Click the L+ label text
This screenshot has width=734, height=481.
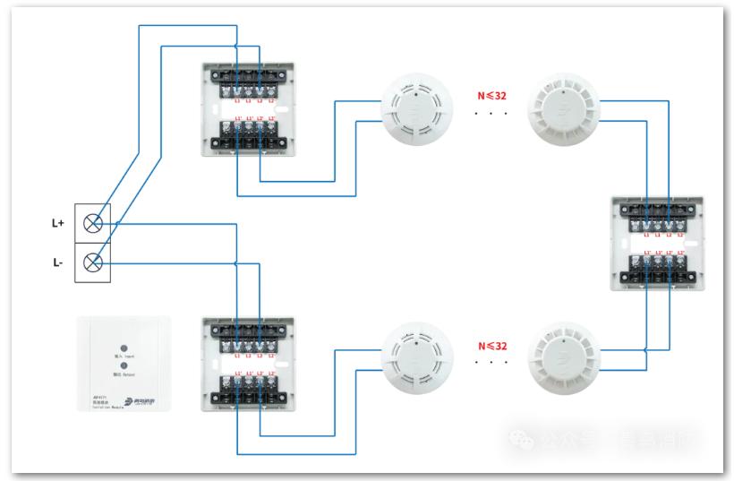[x=57, y=223]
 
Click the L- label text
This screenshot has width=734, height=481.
[x=57, y=263]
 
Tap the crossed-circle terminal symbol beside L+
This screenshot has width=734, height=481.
[x=92, y=223]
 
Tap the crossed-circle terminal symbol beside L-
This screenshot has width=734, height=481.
[x=92, y=262]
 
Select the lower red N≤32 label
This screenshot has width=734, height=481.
[x=491, y=345]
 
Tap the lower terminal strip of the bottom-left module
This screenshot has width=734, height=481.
[x=247, y=391]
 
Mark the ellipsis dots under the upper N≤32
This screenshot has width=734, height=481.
[x=491, y=115]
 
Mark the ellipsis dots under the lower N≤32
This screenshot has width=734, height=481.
[x=491, y=364]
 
